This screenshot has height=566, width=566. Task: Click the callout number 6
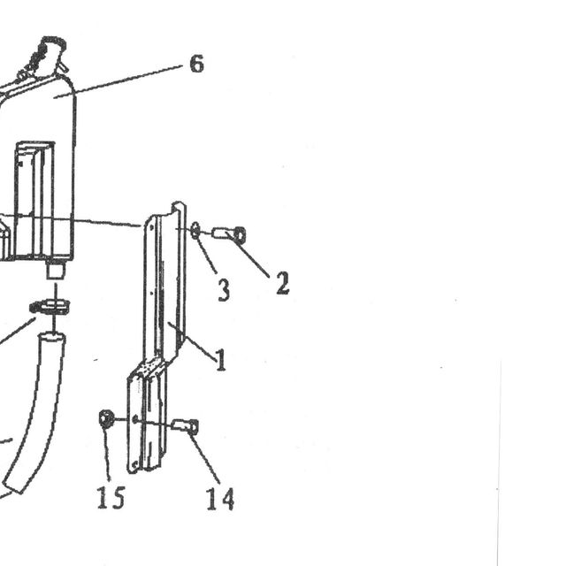coord(196,65)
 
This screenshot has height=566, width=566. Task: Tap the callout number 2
coord(283,283)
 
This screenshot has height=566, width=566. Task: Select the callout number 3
coord(224,290)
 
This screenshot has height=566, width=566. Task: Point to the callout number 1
coord(221,360)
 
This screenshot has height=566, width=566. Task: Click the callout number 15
coord(111,497)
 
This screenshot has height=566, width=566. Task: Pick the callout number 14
coord(220,499)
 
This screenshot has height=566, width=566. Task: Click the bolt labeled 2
coord(230,233)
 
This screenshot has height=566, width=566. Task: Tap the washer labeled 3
coord(195,231)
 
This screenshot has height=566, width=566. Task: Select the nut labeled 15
coord(106,418)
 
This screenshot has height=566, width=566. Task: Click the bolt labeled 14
coord(185,426)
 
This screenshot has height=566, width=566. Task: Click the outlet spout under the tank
coord(55,270)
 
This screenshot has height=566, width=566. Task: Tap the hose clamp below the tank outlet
coord(50,307)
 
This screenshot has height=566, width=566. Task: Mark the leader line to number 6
coord(119,81)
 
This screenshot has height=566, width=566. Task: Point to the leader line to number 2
coord(249,256)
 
